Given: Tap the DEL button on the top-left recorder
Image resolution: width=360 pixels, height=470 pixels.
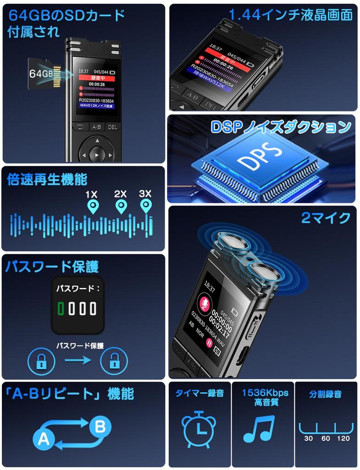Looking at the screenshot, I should click(112, 127).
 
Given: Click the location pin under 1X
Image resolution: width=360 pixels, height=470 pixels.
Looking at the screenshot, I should click(93, 207).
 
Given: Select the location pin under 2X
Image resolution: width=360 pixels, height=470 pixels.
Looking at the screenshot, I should click(121, 207).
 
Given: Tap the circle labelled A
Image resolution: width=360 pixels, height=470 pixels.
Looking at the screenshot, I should click(44, 439).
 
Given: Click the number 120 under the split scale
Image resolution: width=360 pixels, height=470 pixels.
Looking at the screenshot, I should click(343, 439).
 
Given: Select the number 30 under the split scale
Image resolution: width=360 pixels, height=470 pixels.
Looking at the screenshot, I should click(309, 439).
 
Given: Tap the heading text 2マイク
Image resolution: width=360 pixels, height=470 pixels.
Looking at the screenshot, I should click(326, 218).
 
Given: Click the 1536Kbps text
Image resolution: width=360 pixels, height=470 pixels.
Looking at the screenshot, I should click(265, 393).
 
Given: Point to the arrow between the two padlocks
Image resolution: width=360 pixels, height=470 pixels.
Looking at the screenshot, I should click(78, 361).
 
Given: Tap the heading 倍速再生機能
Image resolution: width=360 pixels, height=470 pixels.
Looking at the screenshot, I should click(47, 179).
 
